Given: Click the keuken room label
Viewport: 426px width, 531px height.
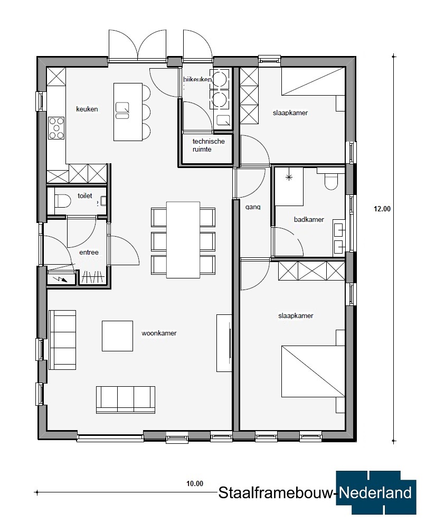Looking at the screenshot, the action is point(87,109).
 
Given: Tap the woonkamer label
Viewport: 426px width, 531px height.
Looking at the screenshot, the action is point(159,333).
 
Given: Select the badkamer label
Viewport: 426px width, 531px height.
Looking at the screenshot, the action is point(309,219).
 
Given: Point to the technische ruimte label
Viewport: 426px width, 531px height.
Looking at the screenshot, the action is point(209,145).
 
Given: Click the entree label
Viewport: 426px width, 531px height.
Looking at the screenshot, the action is point(89,253).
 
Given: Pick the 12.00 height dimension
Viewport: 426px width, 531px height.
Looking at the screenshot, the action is point(382,209).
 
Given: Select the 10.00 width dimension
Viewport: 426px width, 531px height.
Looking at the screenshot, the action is point(195,483).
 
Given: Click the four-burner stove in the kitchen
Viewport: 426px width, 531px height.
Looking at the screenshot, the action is point(56,128).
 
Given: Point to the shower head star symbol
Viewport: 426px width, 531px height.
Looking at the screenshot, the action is point(289,177).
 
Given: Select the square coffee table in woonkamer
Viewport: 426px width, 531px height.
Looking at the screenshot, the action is point(117,336).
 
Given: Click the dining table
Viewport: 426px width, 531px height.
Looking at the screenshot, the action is point(183,240).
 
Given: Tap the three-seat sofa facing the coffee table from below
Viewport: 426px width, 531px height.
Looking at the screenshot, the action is point(126,400).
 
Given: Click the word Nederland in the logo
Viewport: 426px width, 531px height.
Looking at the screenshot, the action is point(375,493).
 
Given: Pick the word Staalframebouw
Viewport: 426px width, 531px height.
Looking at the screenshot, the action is point(277,493).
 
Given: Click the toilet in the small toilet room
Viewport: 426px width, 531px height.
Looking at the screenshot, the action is point(63,201).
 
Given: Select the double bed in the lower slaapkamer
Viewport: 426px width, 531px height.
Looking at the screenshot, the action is point(314,371).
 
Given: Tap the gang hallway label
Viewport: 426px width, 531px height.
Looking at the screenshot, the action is point(253,207).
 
